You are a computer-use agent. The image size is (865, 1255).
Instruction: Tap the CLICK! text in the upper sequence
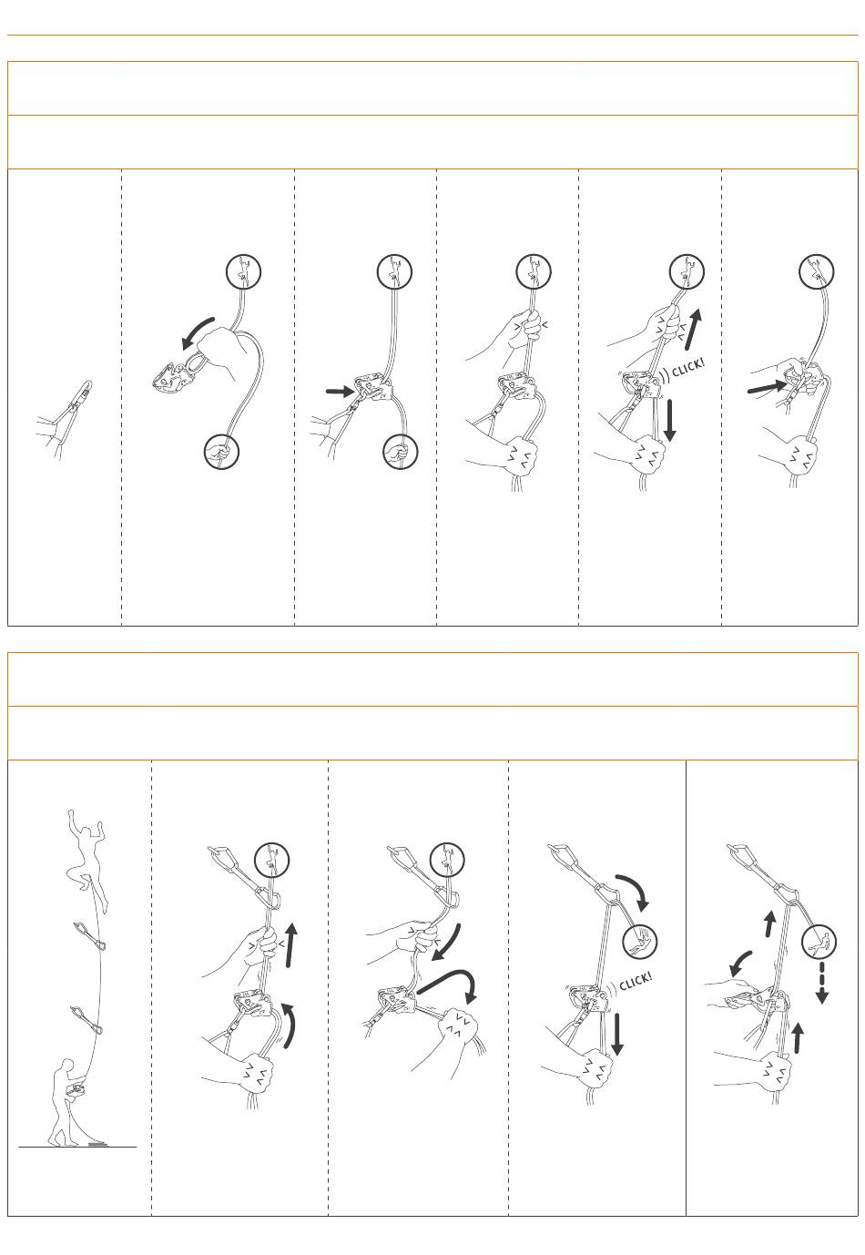(x=688, y=368)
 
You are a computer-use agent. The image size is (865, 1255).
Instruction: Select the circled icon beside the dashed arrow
(x=819, y=942)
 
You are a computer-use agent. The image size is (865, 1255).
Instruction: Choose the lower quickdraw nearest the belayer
(x=86, y=1021)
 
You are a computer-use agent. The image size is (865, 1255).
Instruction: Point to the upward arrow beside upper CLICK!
(x=693, y=330)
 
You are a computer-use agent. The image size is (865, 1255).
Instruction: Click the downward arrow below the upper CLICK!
(x=669, y=420)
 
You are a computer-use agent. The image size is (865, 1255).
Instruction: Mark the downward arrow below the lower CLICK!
(x=616, y=1034)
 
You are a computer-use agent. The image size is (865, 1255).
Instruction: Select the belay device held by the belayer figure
(x=75, y=1089)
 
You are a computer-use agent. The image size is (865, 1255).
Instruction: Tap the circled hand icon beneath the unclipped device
(x=221, y=451)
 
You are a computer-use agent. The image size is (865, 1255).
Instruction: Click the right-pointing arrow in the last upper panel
(x=767, y=387)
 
